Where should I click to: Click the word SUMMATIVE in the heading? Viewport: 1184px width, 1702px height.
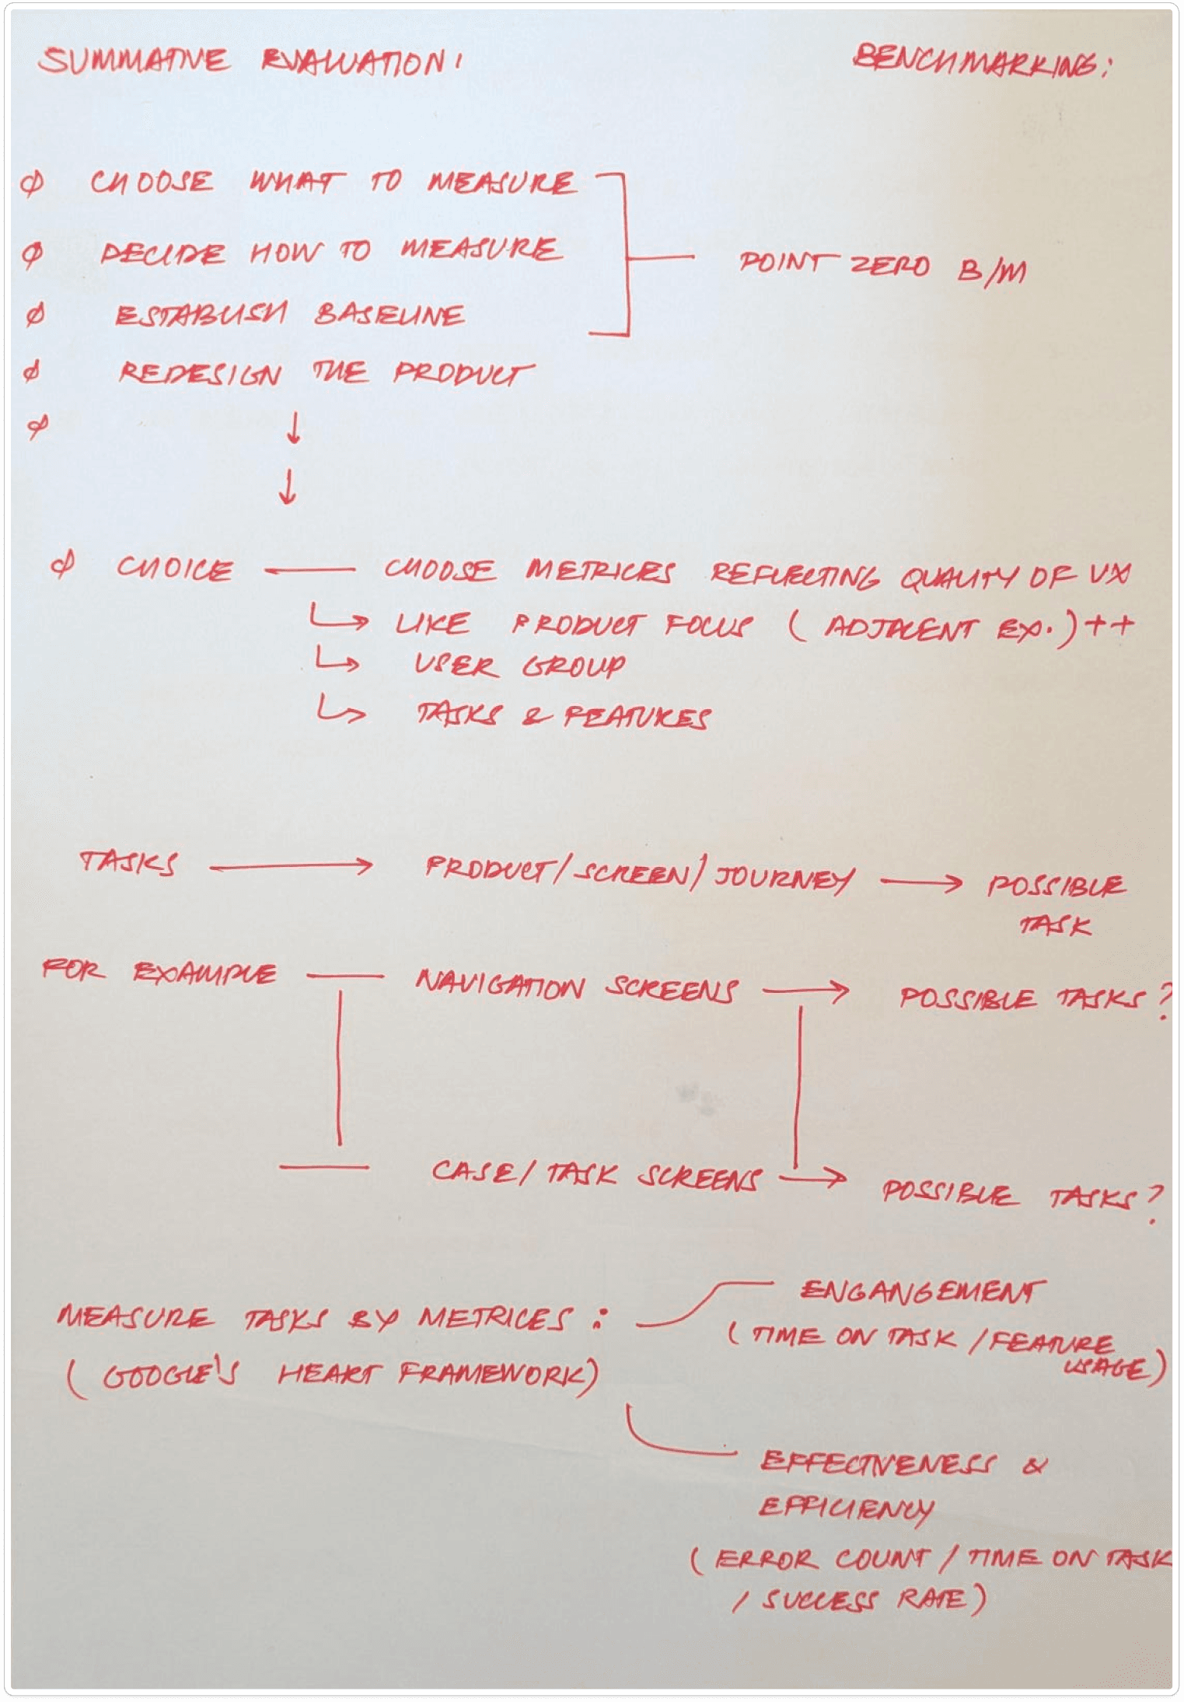click(134, 60)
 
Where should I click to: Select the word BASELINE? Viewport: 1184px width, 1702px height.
click(389, 315)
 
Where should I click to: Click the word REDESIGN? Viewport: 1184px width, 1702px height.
click(200, 374)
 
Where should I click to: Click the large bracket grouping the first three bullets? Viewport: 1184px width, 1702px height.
click(625, 256)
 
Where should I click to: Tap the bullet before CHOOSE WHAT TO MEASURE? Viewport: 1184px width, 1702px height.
click(33, 183)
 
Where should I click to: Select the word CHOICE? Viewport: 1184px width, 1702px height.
click(175, 568)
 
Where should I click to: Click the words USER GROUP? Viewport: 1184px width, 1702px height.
click(519, 666)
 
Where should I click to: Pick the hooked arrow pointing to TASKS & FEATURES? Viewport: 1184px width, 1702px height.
click(341, 710)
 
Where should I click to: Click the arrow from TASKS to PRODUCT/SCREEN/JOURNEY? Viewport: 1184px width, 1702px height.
click(291, 865)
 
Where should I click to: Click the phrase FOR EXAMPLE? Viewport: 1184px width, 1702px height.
click(159, 972)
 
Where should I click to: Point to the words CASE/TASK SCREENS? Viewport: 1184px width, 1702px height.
click(595, 1175)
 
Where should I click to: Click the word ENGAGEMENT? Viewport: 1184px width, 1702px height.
click(922, 1291)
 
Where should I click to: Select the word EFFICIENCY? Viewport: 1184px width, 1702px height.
click(846, 1508)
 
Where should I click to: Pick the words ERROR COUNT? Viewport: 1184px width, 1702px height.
click(821, 1559)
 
